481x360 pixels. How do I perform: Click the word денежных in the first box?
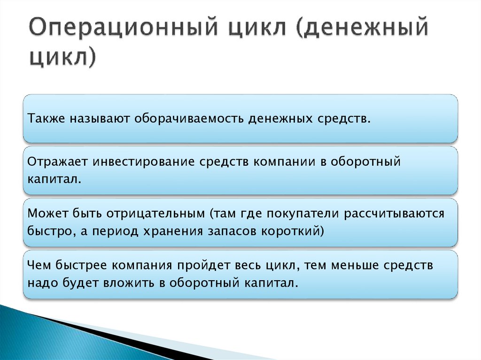pos(279,118)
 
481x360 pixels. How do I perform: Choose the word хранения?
pos(175,231)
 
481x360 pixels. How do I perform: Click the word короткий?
pos(295,231)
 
